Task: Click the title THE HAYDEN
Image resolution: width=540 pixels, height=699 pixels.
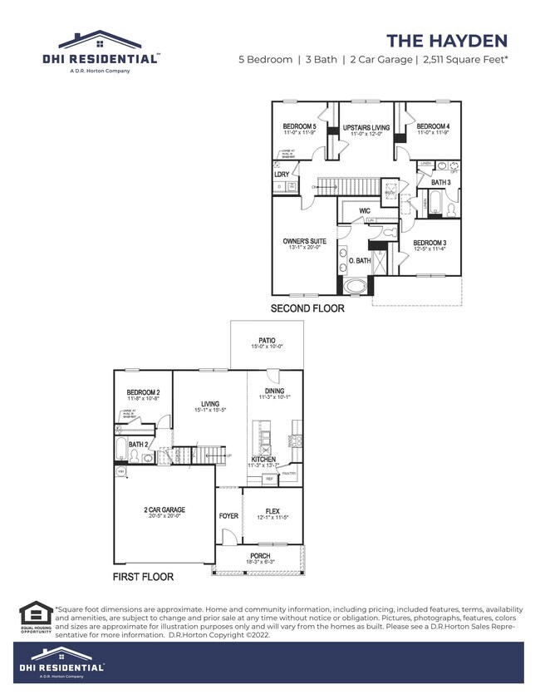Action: click(x=447, y=41)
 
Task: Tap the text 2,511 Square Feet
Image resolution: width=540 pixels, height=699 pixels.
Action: click(x=466, y=60)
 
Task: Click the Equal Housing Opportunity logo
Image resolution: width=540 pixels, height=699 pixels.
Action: click(x=36, y=618)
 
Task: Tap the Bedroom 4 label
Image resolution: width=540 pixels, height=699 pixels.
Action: click(x=433, y=127)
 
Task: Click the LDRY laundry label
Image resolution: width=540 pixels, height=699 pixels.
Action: click(x=282, y=174)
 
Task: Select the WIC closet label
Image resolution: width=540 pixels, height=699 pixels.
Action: click(x=364, y=211)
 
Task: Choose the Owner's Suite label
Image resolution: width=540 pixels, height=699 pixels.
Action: click(x=304, y=241)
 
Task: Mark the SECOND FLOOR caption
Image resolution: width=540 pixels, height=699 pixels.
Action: click(x=307, y=308)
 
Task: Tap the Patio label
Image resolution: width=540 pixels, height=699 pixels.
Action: click(x=267, y=341)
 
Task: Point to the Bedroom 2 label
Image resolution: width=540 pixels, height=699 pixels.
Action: click(x=143, y=392)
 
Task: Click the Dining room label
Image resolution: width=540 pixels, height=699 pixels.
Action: click(x=274, y=391)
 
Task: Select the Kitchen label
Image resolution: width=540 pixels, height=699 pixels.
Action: click(x=263, y=459)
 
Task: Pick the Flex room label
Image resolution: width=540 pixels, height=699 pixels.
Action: click(x=272, y=511)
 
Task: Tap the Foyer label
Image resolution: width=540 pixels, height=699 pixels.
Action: click(x=228, y=516)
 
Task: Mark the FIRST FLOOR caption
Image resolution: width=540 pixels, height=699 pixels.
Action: click(x=144, y=575)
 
